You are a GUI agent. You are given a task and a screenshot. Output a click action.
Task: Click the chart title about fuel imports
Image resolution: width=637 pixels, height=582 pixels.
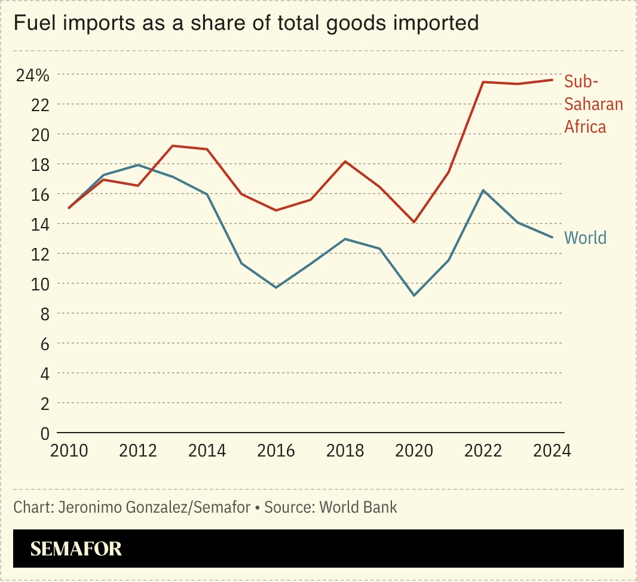click(246, 23)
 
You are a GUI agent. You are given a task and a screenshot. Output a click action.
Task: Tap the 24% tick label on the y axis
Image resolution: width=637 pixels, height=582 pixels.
click(33, 75)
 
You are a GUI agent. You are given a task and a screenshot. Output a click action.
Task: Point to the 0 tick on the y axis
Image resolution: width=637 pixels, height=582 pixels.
click(44, 433)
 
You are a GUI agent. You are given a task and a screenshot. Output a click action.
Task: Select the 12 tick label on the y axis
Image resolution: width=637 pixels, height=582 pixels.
click(40, 254)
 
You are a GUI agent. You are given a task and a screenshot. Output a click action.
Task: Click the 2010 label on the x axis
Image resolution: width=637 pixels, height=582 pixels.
click(69, 451)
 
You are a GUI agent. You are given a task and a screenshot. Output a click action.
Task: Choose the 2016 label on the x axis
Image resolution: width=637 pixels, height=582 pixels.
click(276, 451)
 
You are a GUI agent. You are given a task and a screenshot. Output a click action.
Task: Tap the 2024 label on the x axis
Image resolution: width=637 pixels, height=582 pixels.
click(552, 451)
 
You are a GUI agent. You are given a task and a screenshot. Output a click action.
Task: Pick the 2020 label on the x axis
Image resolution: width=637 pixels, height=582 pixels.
click(414, 451)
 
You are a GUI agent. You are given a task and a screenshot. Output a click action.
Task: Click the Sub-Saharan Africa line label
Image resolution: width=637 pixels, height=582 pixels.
click(593, 104)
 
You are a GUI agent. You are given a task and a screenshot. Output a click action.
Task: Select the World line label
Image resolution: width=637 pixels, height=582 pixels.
click(585, 238)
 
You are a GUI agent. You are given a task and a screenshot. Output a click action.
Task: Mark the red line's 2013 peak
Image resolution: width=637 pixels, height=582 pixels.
click(173, 146)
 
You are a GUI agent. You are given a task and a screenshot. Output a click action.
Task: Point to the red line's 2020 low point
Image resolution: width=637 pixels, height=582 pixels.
click(414, 222)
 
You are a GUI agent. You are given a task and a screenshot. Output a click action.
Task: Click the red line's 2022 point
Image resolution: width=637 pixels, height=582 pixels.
click(483, 82)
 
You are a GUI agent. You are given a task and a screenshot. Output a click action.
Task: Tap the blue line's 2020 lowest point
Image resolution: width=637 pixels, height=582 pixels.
click(414, 295)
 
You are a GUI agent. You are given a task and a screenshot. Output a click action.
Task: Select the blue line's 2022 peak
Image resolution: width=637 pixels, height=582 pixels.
click(483, 190)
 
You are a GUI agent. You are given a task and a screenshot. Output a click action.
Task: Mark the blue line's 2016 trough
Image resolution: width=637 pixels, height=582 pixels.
click(276, 287)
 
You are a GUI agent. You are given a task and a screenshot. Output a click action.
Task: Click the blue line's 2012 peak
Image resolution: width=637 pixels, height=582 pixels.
click(138, 165)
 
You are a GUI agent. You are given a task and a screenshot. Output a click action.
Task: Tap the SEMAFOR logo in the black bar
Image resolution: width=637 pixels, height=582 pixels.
click(76, 549)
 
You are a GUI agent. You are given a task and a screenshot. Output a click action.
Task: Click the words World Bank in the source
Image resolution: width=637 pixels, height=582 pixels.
click(359, 508)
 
